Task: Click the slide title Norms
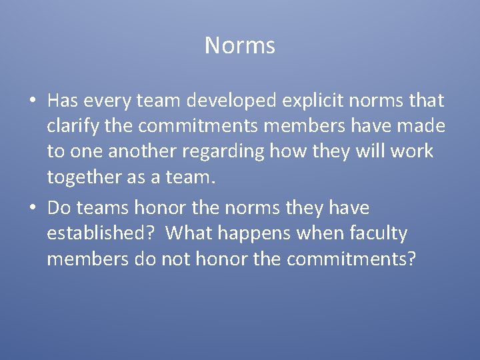240,45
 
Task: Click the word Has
63,101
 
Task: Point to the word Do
59,208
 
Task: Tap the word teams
103,208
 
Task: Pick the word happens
255,233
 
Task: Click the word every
109,101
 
